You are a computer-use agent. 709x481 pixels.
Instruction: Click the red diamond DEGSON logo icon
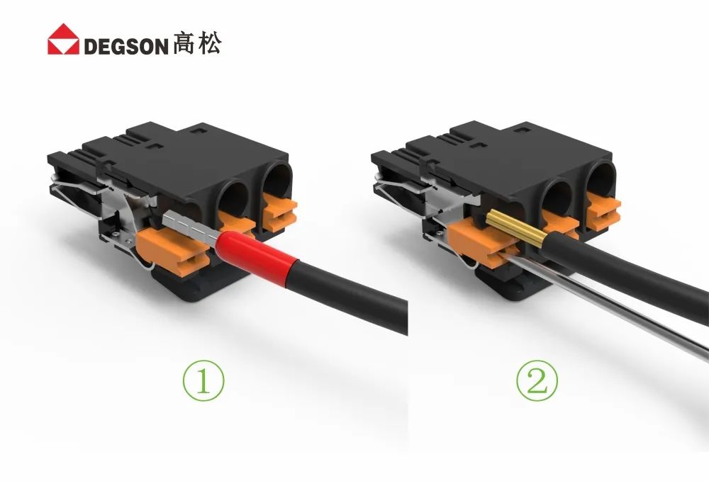[63, 39]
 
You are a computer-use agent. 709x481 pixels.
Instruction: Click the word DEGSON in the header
[126, 46]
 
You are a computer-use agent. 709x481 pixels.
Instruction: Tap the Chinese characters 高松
[197, 43]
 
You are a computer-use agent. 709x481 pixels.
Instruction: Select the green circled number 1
[203, 380]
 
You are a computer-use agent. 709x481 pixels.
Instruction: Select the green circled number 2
[537, 380]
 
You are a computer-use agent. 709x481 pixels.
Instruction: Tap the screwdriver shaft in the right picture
[606, 302]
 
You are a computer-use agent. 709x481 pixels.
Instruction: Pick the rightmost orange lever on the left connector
[280, 213]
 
